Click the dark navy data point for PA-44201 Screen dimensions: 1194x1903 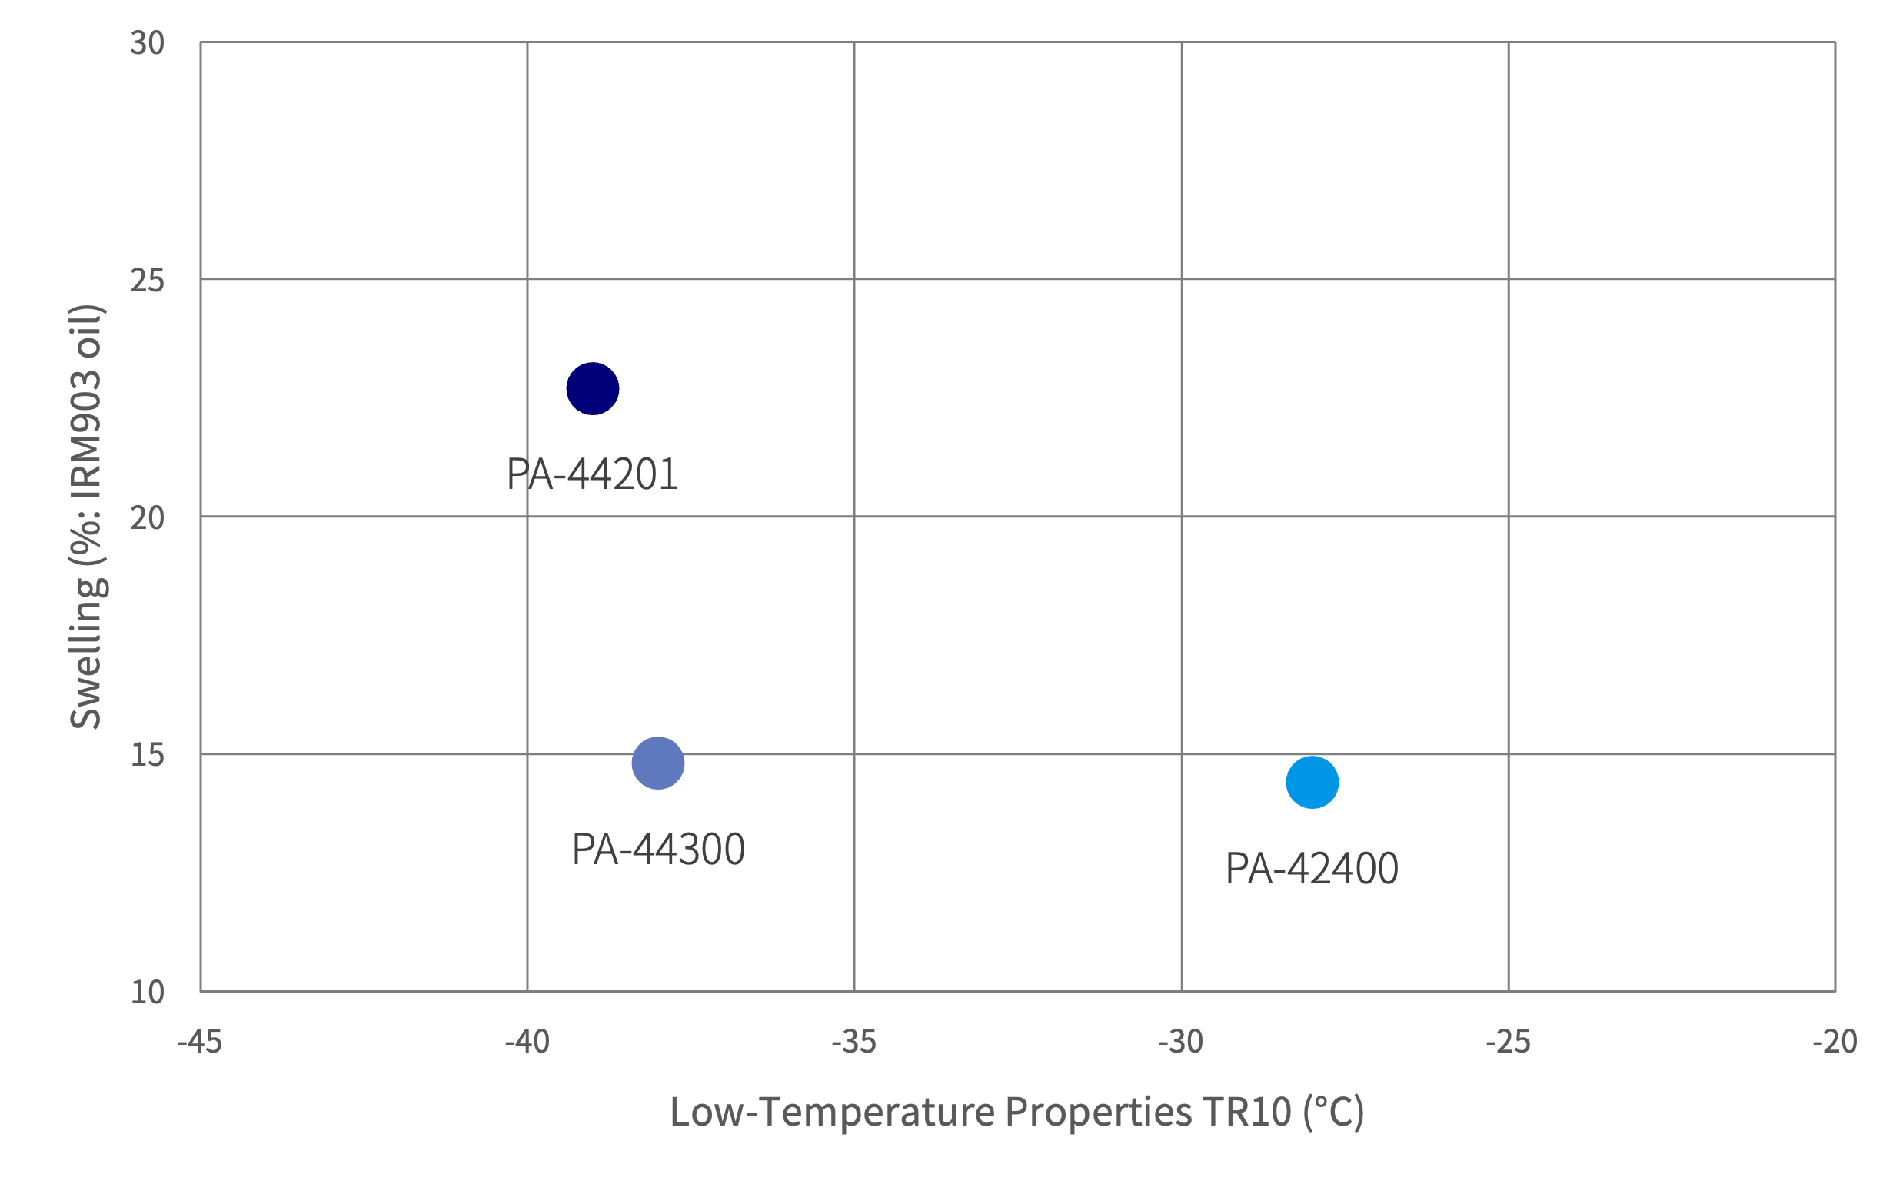592,388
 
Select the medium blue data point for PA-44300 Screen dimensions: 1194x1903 657,763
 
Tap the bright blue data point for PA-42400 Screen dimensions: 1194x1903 1312,783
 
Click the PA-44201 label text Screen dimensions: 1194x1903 592,474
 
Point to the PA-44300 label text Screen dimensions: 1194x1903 657,850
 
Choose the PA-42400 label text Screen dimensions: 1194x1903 1312,869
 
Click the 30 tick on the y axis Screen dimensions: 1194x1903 148,42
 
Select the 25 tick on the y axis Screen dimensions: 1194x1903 148,281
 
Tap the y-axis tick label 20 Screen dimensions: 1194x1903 148,518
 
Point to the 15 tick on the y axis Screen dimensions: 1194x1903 148,755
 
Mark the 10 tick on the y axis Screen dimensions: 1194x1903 148,993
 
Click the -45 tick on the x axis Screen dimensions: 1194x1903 200,1043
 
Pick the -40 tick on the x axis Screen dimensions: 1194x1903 527,1043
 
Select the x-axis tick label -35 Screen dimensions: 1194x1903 853,1043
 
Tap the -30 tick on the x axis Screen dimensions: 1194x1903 1181,1043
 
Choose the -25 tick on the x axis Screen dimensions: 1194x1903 1509,1043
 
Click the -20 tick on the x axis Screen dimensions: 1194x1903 1835,1043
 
